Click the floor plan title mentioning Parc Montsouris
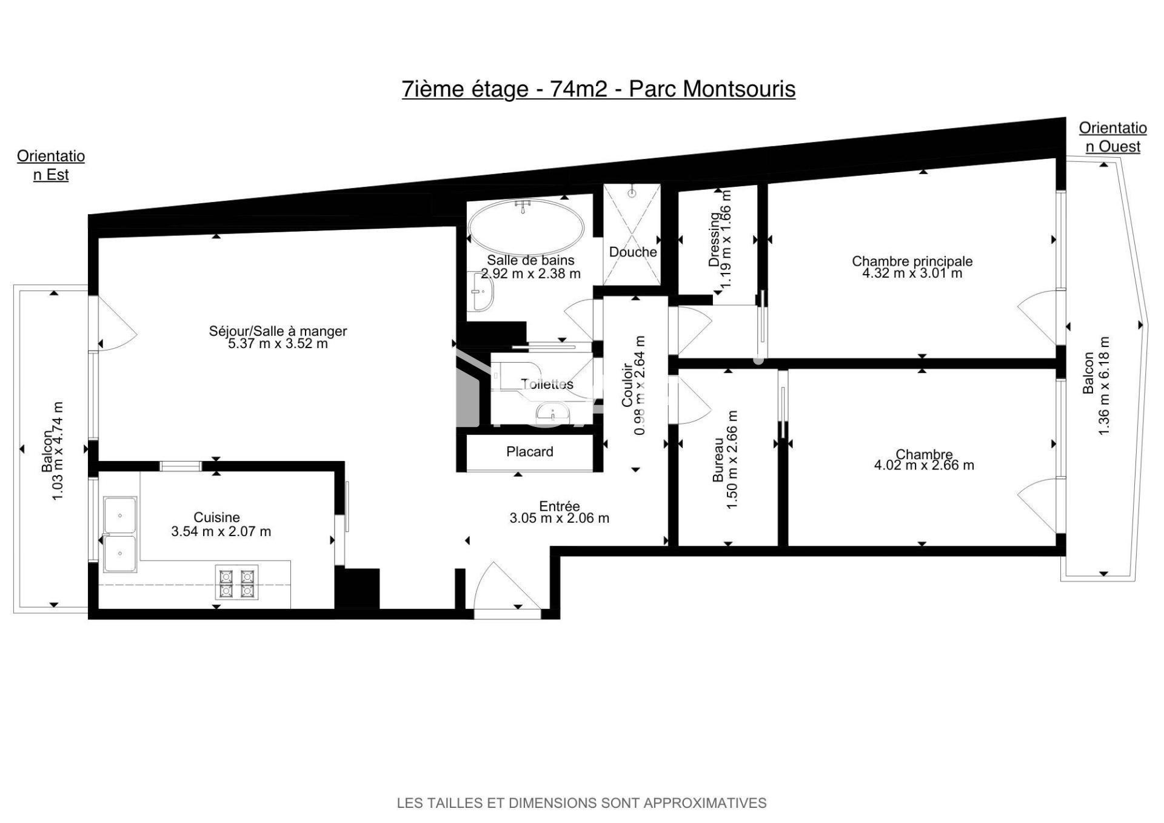coord(598,89)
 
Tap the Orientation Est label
coord(51,165)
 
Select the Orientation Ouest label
coord(1112,137)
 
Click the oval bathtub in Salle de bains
coord(526,227)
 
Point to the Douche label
coord(633,252)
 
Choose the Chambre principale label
coord(912,261)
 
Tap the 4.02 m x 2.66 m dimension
coord(923,465)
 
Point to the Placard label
coord(529,452)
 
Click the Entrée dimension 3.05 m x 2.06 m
coord(559,518)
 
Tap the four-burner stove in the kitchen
coord(236,582)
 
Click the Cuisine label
coord(216,517)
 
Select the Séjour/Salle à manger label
coord(278,331)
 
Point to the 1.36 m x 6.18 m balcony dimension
coord(1104,386)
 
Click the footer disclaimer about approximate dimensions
coord(581,803)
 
